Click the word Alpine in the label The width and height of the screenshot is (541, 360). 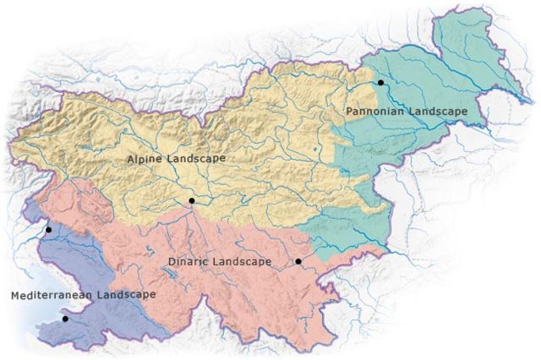[144, 159]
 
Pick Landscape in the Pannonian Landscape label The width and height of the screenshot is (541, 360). [438, 112]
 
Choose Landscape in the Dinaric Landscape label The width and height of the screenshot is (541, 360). [241, 262]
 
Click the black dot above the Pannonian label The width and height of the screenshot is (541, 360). [381, 82]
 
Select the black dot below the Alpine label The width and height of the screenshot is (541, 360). [192, 200]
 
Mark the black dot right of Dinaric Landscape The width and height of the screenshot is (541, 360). [298, 262]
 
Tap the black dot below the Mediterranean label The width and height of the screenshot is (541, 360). [65, 319]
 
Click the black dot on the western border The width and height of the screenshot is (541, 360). [48, 229]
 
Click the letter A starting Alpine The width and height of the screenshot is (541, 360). [130, 159]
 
